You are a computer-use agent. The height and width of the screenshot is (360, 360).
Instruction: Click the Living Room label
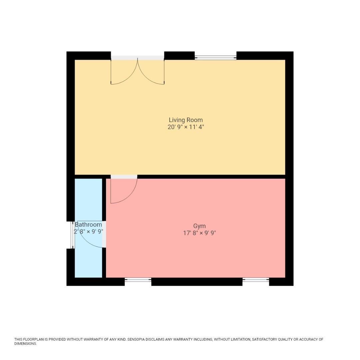186,120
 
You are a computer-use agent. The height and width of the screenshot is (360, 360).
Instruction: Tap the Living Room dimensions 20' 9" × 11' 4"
186,127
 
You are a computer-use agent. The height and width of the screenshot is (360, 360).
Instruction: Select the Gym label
199,226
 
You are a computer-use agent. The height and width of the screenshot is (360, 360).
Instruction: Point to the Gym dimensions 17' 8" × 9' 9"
199,233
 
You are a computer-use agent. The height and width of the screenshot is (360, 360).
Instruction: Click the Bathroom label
88,225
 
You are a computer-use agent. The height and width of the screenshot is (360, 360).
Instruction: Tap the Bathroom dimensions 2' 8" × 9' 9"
88,232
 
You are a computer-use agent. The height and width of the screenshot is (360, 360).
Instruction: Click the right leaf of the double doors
151,72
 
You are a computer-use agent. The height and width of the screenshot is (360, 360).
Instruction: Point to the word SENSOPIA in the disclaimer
137,340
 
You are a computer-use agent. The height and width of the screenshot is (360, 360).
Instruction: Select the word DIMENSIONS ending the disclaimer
25,344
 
